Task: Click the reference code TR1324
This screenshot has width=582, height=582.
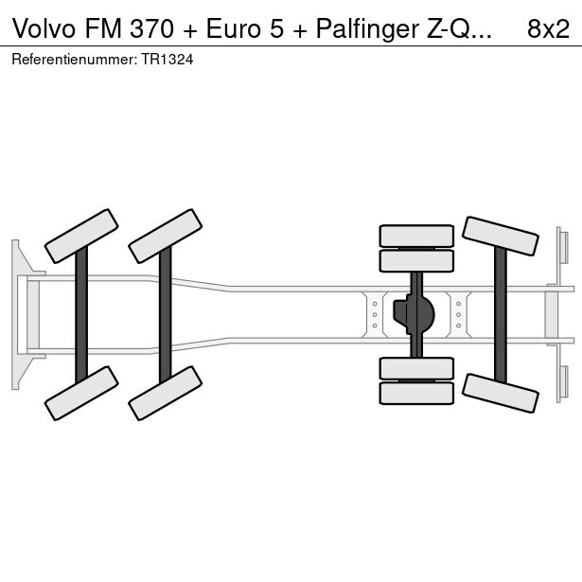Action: click(x=169, y=59)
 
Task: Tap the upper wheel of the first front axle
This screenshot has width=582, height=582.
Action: click(x=81, y=236)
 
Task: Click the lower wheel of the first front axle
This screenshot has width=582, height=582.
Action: click(x=81, y=393)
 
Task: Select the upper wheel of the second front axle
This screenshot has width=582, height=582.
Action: click(x=165, y=236)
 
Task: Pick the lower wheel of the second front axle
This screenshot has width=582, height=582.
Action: click(x=165, y=393)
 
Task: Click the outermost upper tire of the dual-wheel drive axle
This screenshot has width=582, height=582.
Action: click(x=416, y=236)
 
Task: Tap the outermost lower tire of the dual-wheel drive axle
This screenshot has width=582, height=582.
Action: click(x=416, y=393)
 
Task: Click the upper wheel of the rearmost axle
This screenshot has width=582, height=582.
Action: click(x=501, y=236)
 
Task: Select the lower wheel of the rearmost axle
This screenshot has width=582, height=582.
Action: click(x=501, y=393)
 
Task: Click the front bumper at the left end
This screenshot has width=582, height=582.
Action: click(x=17, y=314)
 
